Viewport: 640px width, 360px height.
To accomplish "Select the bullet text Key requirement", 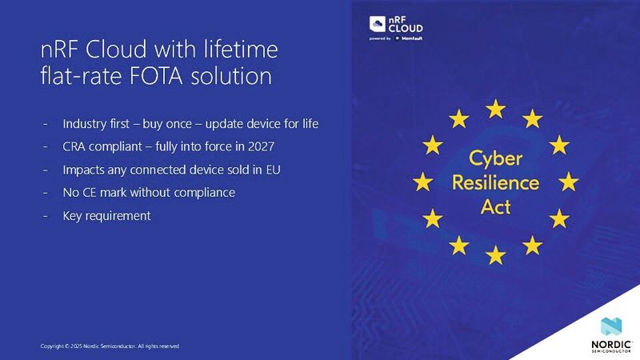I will (x=106, y=216).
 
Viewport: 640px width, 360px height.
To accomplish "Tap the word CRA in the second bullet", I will (x=77, y=148).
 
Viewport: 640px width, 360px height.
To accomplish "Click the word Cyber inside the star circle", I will (x=495, y=157).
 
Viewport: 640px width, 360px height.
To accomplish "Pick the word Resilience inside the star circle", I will (x=495, y=182).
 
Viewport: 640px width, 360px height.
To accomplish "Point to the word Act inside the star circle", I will (x=495, y=206).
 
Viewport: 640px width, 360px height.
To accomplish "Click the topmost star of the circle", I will (x=496, y=106).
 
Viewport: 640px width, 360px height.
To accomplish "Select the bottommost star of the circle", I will (x=496, y=255).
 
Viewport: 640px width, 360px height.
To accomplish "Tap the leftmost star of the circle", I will (x=422, y=182).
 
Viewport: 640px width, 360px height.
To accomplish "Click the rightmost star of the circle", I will (x=569, y=182).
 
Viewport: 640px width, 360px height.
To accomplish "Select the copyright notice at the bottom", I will (x=110, y=346).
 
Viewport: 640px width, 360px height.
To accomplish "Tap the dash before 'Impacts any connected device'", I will (x=45, y=170).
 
